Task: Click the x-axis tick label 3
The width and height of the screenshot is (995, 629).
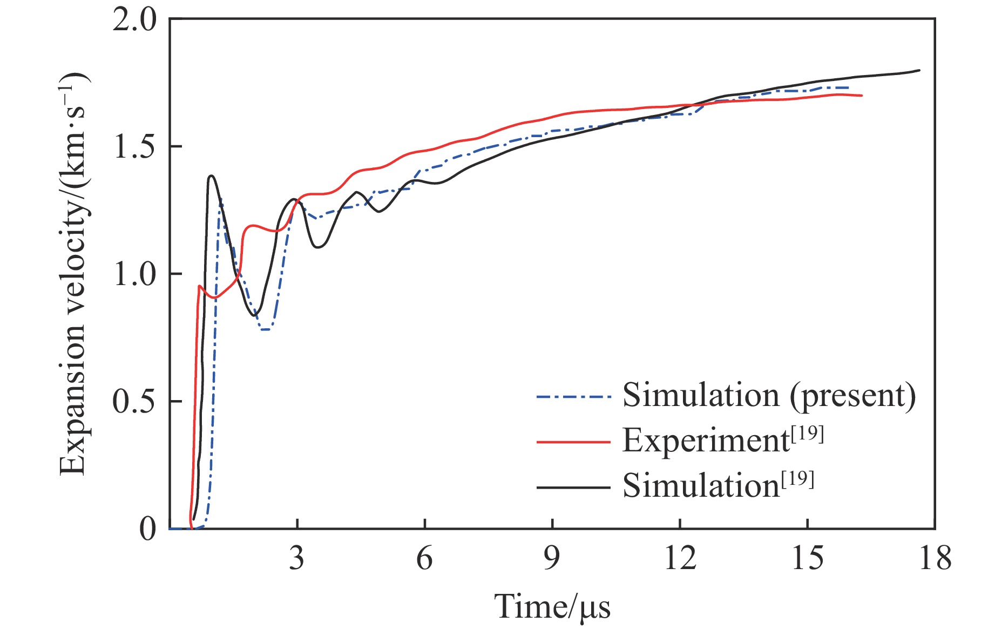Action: [296, 558]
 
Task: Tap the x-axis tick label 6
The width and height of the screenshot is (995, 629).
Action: [424, 558]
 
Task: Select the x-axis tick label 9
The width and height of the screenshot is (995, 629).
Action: [552, 558]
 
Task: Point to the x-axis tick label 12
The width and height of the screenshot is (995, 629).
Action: [680, 558]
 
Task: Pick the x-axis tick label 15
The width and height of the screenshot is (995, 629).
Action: [807, 558]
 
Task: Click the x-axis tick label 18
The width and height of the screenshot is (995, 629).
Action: [935, 558]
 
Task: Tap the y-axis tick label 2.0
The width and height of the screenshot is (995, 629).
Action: [134, 20]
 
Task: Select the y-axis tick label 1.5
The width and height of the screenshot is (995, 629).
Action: [134, 147]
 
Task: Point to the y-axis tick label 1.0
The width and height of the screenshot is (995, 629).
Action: [134, 274]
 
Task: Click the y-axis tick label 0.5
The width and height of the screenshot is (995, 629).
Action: [134, 402]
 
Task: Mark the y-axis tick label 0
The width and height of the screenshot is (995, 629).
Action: [147, 529]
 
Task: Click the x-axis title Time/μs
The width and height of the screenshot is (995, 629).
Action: [552, 607]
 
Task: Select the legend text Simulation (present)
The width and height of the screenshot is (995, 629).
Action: [769, 396]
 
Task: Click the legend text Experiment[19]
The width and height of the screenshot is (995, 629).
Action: [723, 441]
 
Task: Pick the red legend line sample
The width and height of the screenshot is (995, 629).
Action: [573, 442]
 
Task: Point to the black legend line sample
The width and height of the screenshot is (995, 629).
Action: [573, 488]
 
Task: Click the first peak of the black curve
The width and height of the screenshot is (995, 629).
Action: [211, 175]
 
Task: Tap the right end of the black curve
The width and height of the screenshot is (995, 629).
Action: [919, 70]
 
